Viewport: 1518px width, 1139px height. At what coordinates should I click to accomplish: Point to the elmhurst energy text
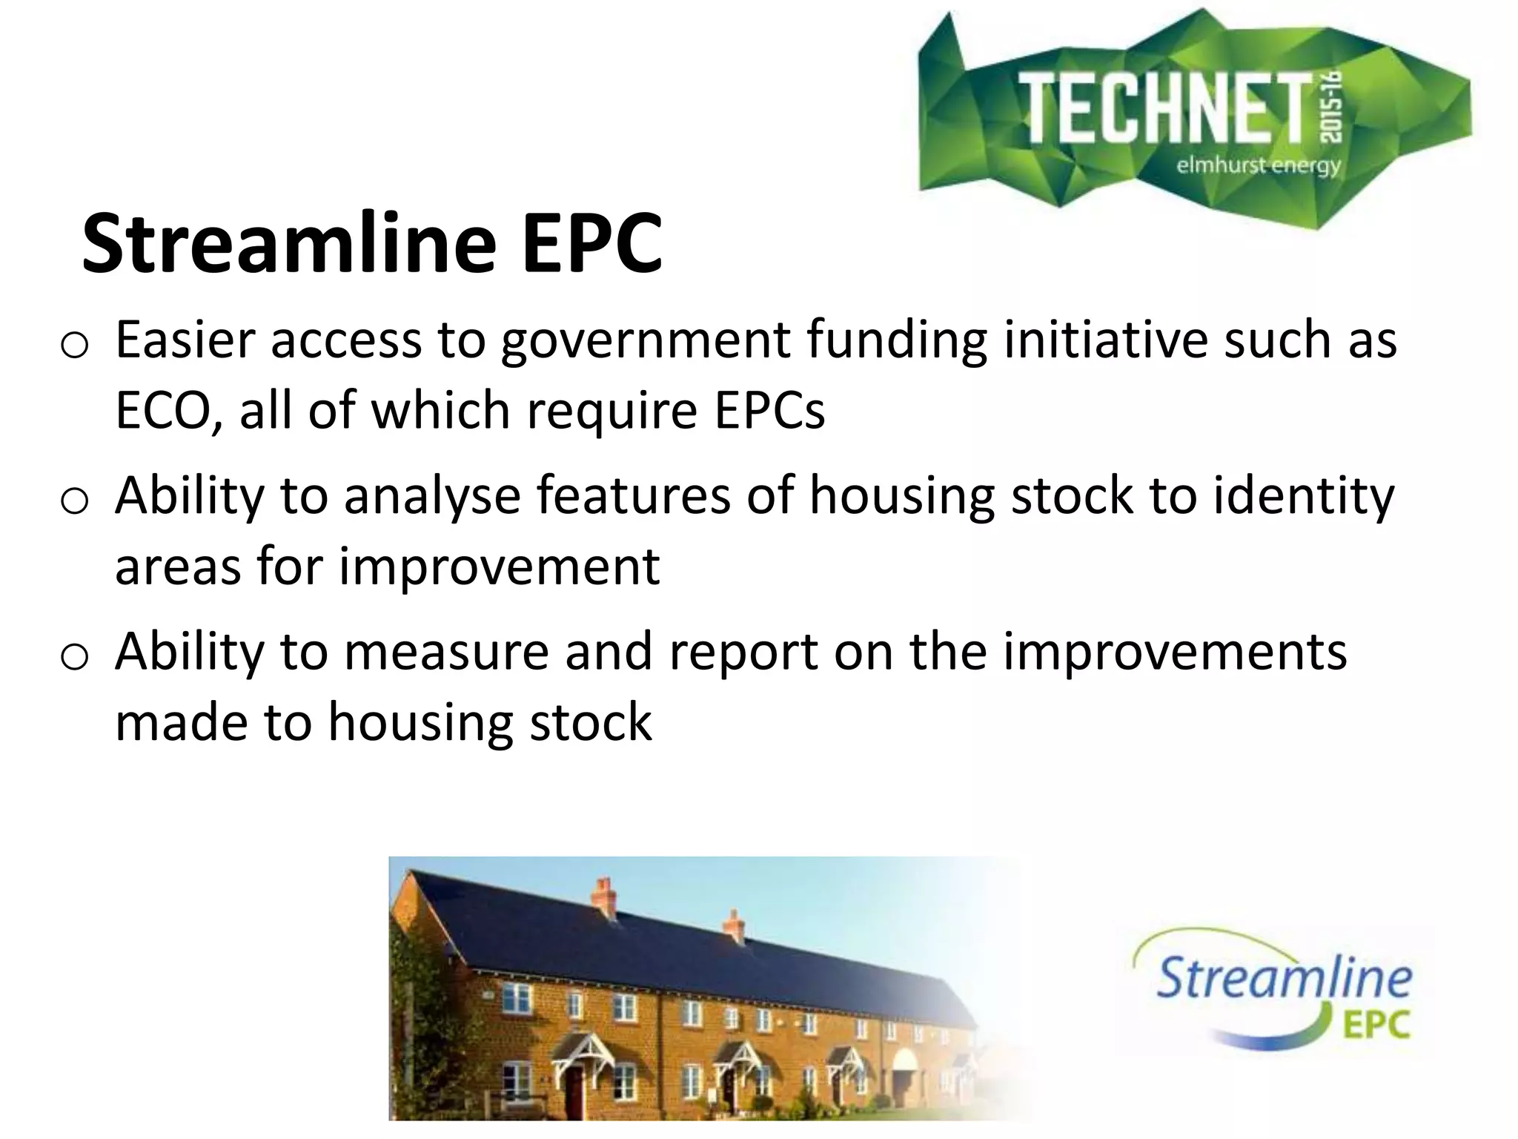[1259, 165]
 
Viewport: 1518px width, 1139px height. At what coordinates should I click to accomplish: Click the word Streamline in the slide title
[289, 243]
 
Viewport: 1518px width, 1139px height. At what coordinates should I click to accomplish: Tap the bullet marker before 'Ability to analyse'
[74, 501]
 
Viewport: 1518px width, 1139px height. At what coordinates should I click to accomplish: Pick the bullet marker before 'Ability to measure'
[74, 656]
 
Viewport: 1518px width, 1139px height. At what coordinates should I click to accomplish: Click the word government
[645, 341]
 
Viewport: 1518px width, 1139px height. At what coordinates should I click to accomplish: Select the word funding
[896, 341]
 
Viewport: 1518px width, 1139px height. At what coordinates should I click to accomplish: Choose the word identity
[1304, 497]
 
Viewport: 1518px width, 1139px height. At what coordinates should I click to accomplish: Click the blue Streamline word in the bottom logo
[1283, 978]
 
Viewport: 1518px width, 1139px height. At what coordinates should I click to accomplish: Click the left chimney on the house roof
[604, 897]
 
